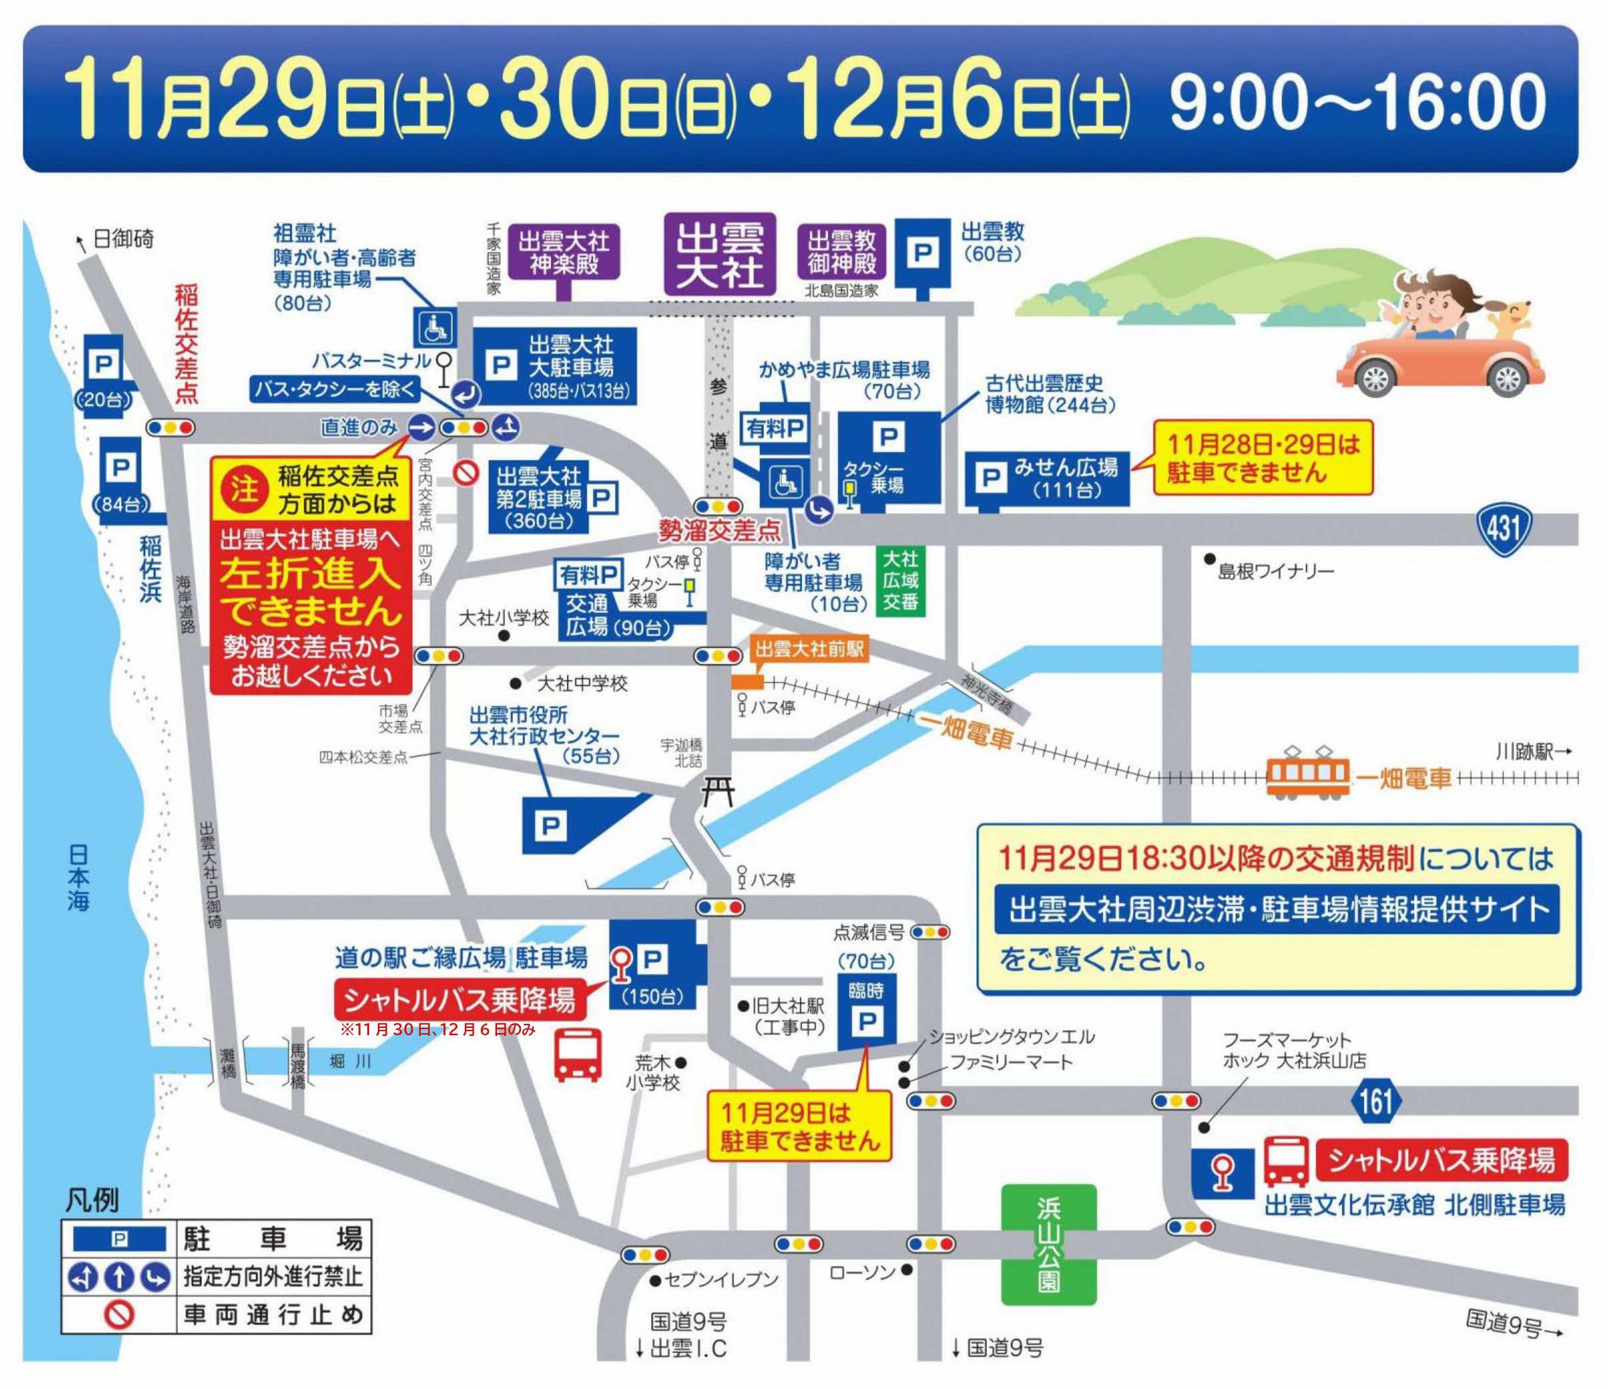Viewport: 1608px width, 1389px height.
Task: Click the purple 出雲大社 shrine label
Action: point(720,253)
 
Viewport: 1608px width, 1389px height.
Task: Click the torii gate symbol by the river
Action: point(716,792)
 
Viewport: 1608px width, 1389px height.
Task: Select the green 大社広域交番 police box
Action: point(900,580)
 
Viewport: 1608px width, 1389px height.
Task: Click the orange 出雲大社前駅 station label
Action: point(809,649)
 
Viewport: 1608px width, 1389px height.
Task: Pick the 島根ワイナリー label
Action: point(1275,572)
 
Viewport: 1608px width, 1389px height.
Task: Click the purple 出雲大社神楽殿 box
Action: point(563,252)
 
